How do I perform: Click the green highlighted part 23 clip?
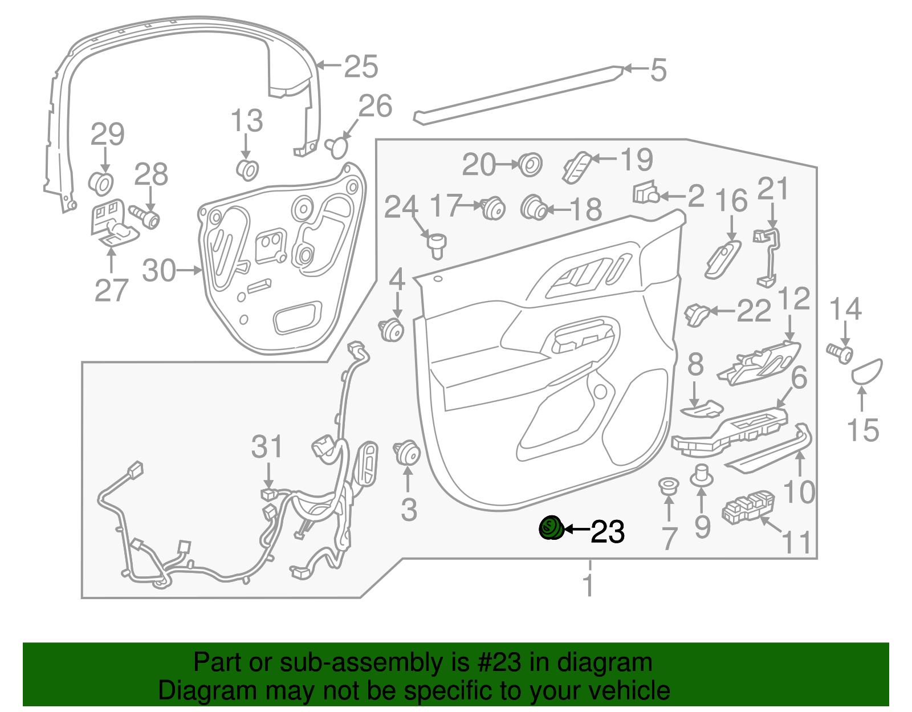[551, 528]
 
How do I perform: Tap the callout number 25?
[361, 66]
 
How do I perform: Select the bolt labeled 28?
[144, 216]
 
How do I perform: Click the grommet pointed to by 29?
[101, 183]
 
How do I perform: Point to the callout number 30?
[159, 270]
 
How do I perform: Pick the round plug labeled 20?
[530, 164]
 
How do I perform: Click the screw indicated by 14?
[840, 353]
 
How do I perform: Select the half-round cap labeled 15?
[866, 372]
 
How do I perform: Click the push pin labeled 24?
[437, 247]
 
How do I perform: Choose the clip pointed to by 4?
[391, 329]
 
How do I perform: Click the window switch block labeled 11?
[748, 508]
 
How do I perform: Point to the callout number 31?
[267, 447]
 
